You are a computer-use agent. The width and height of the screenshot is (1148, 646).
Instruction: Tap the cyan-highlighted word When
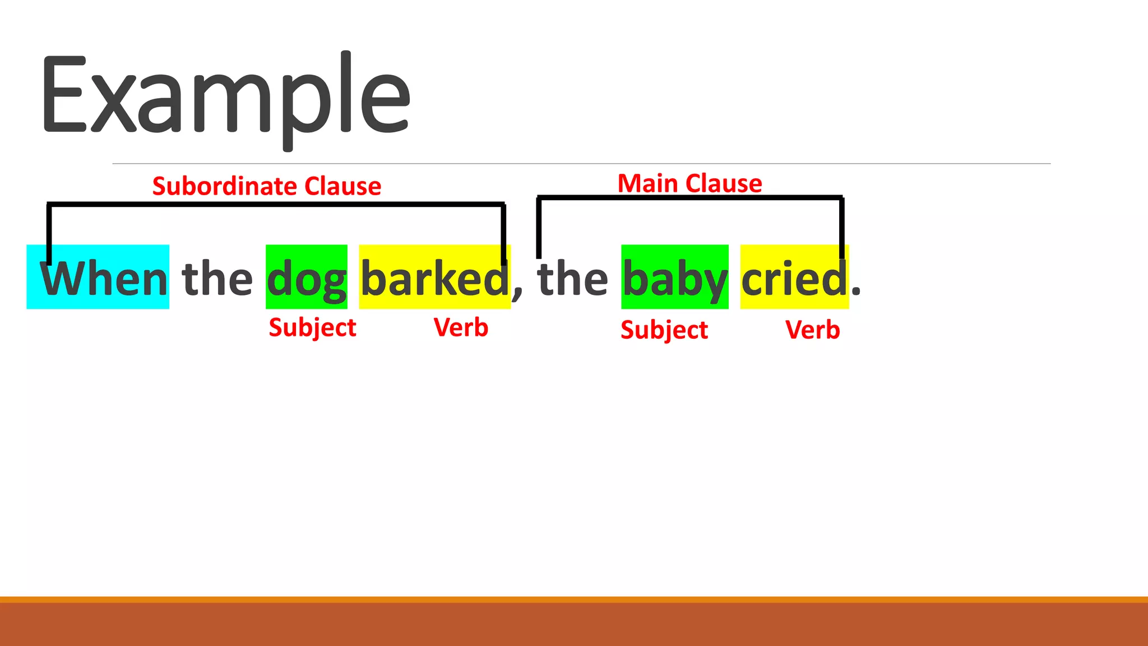[x=104, y=279]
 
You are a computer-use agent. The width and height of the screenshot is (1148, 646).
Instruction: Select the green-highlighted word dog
[x=307, y=279]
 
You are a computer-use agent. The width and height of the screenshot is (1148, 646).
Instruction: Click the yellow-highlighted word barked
[x=434, y=279]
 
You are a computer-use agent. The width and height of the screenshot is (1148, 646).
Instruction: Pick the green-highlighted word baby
[x=675, y=279]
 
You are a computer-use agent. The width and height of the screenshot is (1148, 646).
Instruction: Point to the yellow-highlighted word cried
[x=794, y=279]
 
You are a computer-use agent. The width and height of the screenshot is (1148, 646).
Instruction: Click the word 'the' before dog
[x=217, y=279]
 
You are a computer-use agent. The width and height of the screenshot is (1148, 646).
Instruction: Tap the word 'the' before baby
[x=572, y=279]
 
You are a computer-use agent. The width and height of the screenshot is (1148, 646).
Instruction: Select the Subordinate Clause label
[x=267, y=186]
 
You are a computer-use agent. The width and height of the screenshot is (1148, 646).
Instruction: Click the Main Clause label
[x=689, y=183]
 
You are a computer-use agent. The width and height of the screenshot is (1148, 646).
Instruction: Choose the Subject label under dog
[x=312, y=327]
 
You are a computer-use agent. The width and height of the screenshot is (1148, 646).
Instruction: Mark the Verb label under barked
[x=461, y=327]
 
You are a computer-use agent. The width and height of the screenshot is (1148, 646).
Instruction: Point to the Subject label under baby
[x=664, y=330]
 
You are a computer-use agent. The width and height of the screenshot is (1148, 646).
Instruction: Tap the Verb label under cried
[x=812, y=330]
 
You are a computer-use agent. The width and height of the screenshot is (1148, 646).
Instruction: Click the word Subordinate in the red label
[x=224, y=186]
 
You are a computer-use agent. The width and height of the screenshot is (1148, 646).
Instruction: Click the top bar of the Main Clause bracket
[x=689, y=197]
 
